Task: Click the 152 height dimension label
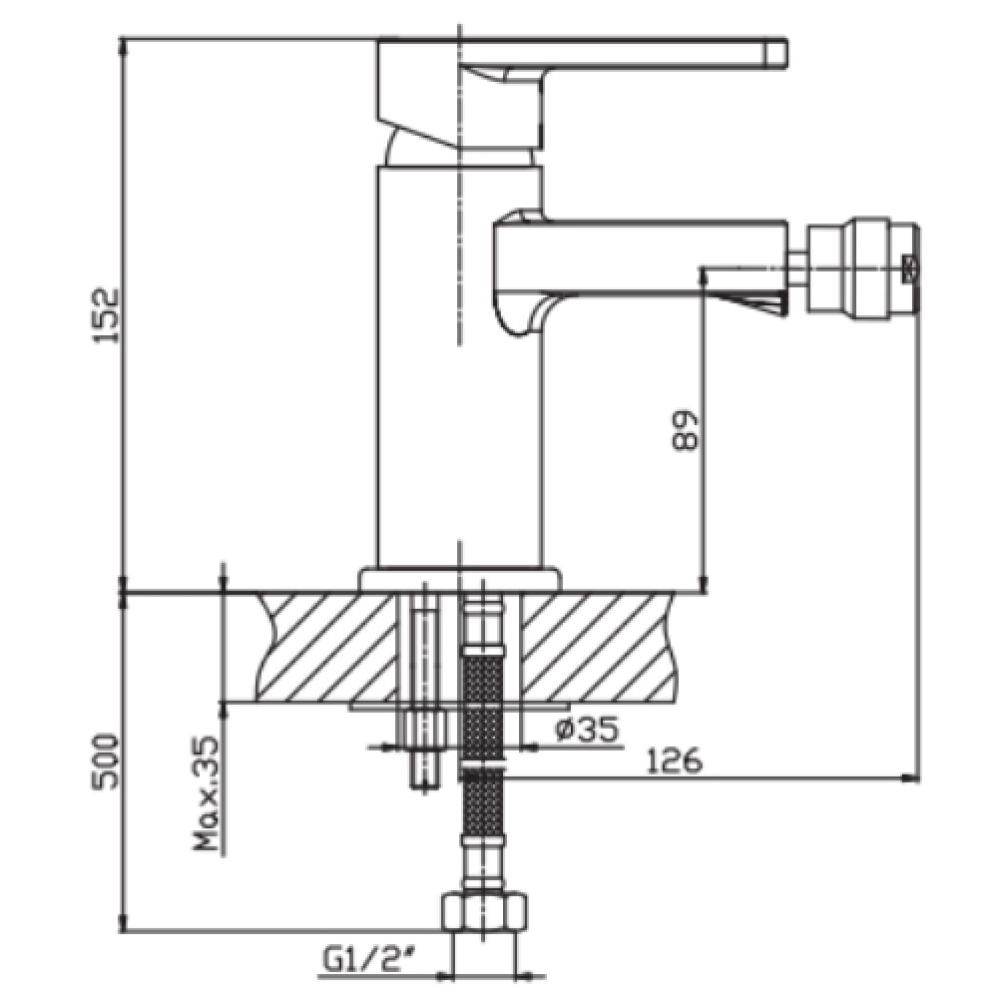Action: point(106,315)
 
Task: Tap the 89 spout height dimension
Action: point(686,431)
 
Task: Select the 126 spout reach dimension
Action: point(675,759)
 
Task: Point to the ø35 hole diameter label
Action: point(588,730)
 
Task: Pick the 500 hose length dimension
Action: point(106,762)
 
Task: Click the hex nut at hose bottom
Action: point(484,913)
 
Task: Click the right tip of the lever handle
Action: point(786,53)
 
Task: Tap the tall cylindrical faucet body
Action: point(460,366)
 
